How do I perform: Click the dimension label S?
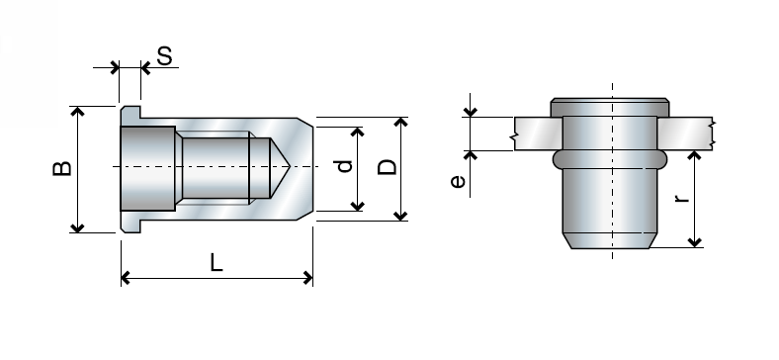[165, 55]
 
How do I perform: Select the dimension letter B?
[61, 169]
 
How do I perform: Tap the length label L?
[216, 262]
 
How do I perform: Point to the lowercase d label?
[344, 167]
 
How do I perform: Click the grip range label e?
[457, 180]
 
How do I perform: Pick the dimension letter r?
[681, 198]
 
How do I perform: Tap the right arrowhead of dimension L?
[307, 279]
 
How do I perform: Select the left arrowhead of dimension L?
[127, 279]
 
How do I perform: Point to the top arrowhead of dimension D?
[400, 123]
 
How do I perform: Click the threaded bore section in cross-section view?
[213, 168]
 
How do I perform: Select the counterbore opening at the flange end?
[148, 168]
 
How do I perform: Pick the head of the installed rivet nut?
[610, 106]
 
